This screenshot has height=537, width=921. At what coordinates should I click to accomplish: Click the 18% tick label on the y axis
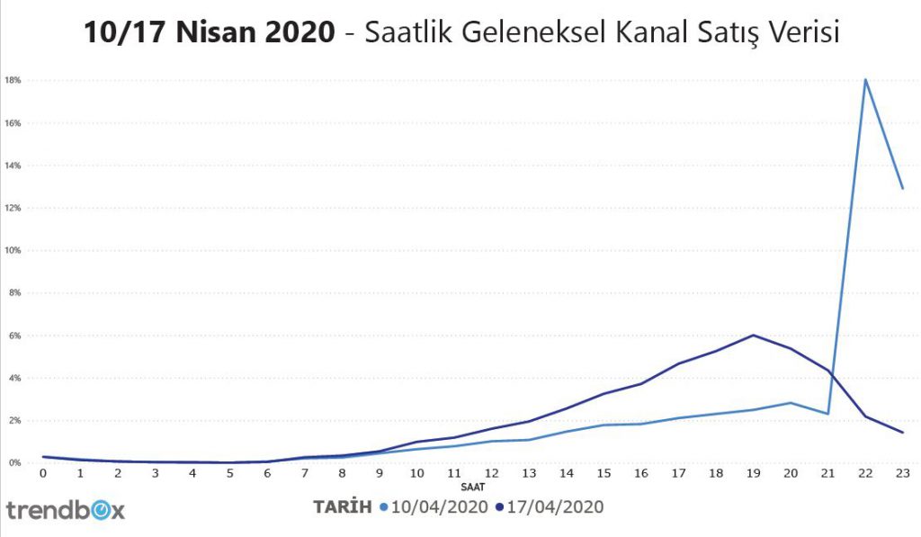click(13, 80)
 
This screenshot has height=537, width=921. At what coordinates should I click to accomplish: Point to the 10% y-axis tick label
click(13, 250)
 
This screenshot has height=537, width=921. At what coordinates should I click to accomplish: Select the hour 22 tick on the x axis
click(864, 472)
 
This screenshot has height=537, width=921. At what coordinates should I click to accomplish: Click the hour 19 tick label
click(753, 472)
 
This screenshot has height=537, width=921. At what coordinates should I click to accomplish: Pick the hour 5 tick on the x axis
click(230, 472)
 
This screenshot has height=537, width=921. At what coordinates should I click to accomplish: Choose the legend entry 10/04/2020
click(435, 507)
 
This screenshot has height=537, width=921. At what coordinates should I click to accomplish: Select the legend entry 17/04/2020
click(550, 507)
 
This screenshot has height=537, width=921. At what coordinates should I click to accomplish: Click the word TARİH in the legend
click(342, 507)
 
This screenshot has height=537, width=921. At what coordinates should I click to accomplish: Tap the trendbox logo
click(66, 510)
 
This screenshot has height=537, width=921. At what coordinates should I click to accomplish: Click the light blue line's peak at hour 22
click(864, 79)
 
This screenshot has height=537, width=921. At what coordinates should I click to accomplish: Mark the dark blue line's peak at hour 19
click(753, 336)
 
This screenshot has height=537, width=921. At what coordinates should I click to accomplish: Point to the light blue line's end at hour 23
click(902, 188)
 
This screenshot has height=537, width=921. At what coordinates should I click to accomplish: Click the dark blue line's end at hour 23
click(902, 432)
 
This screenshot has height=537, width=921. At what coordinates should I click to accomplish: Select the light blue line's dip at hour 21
click(827, 414)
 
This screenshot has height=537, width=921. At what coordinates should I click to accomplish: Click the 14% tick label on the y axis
click(13, 166)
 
